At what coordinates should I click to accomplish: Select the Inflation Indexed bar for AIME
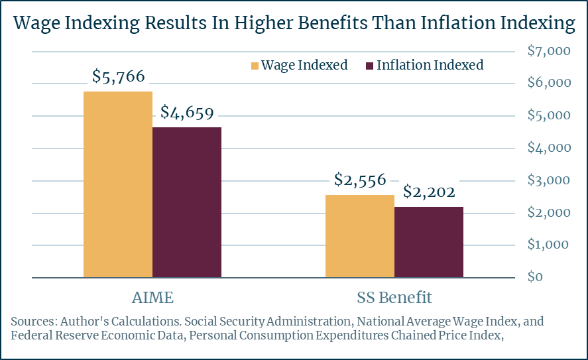pos(187,202)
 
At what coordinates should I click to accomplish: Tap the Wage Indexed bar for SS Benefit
pos(360,236)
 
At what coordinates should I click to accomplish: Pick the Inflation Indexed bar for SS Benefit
pos(429,242)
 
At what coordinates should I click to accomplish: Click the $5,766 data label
pos(118,77)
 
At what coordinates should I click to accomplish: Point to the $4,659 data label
pos(187,113)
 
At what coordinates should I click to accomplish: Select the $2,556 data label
pos(360,180)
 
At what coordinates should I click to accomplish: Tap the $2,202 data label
pos(429,192)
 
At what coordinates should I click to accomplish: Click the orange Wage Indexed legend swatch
pos(254,66)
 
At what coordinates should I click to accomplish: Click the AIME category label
pos(152,296)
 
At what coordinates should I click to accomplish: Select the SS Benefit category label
pos(394,296)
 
